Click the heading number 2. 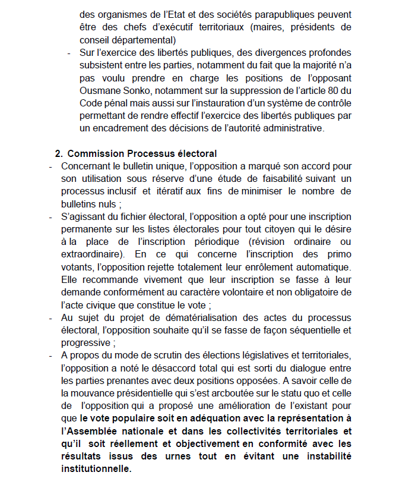[59, 154]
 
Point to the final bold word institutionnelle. [96, 468]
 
